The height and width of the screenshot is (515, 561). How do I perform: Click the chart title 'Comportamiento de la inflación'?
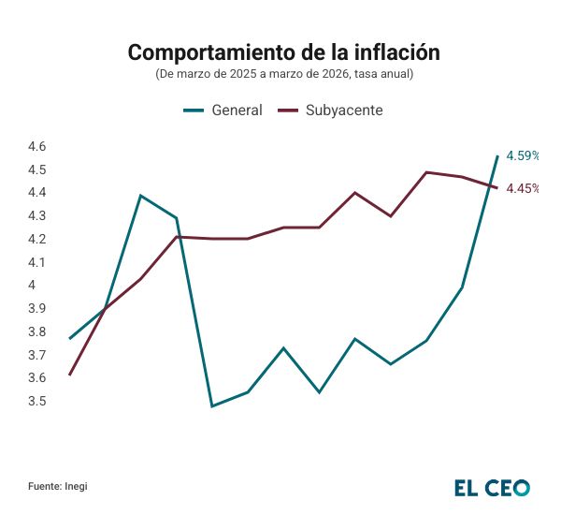coord(283,52)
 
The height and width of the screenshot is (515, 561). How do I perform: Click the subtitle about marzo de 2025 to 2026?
coord(283,73)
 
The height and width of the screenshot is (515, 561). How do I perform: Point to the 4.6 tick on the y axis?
coord(37,147)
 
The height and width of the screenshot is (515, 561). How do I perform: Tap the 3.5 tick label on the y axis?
coord(37,402)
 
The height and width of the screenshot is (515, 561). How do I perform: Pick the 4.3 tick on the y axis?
coord(37,216)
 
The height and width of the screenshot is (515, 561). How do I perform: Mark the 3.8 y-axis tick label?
coord(37,332)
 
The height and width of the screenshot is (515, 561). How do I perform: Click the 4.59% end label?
coord(523,155)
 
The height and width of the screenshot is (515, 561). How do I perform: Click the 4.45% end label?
coord(523,188)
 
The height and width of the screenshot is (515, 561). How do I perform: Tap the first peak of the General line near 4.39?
coord(140,196)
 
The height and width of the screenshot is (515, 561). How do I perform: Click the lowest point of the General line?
coord(212,406)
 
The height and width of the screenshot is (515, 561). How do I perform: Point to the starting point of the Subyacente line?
coord(69,375)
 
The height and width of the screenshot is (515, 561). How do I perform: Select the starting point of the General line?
coord(69,339)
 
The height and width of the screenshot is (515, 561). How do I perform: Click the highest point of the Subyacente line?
coord(426,172)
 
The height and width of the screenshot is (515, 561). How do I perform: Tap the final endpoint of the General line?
coord(497,155)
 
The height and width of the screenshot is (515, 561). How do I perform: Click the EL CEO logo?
coord(492,487)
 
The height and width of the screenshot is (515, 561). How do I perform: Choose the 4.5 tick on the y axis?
coord(37,170)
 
